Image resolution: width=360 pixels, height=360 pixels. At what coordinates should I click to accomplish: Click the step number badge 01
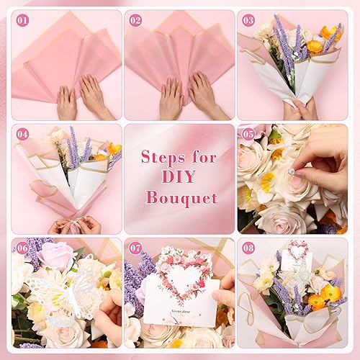(22, 20)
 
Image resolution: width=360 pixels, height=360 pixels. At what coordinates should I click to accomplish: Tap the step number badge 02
(135, 20)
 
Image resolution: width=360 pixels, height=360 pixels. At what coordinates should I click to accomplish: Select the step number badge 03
(248, 20)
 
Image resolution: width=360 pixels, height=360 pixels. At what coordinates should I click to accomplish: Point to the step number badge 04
(22, 134)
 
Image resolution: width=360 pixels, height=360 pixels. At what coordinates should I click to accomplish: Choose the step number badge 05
(248, 134)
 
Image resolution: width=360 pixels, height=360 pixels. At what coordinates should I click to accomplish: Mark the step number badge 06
(22, 248)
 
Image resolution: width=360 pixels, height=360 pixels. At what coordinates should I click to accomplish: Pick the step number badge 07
(135, 248)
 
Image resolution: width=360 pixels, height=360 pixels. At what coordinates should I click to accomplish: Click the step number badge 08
(248, 248)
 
